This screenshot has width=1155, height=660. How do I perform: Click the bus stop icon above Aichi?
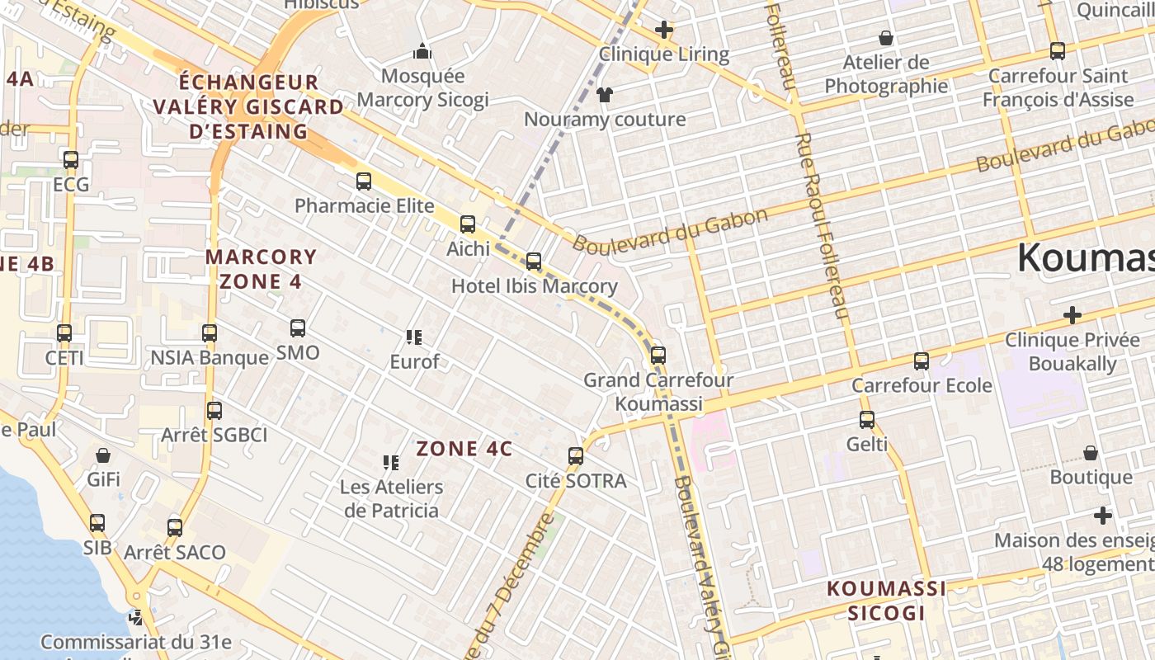(468, 224)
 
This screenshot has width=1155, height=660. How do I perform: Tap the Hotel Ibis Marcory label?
(534, 286)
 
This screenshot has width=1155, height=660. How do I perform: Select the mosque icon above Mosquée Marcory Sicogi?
(422, 52)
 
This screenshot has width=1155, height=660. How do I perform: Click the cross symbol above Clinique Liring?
(664, 31)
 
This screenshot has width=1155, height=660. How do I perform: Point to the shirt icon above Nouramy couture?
(605, 95)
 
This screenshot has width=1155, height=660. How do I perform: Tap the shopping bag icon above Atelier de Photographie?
(886, 38)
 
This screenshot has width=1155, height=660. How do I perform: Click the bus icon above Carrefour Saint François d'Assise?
(1058, 51)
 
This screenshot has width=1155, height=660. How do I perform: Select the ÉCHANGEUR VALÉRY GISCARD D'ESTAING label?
(248, 106)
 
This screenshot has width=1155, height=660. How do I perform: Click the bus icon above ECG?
(71, 160)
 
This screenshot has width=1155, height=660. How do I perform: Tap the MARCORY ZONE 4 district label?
(261, 269)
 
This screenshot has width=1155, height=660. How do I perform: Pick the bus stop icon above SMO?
(298, 328)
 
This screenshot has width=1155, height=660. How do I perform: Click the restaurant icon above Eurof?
(414, 337)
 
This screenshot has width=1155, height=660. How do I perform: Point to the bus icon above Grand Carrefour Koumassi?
(658, 356)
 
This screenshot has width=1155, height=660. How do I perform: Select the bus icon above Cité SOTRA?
(576, 455)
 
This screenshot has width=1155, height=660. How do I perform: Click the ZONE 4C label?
(464, 449)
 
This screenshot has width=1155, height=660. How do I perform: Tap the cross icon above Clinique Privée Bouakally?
(1072, 315)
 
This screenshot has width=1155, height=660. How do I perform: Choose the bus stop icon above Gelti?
(867, 420)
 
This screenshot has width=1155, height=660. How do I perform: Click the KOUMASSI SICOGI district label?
(886, 601)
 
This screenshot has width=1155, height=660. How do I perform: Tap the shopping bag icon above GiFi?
(103, 455)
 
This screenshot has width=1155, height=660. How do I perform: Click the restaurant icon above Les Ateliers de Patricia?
(391, 463)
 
